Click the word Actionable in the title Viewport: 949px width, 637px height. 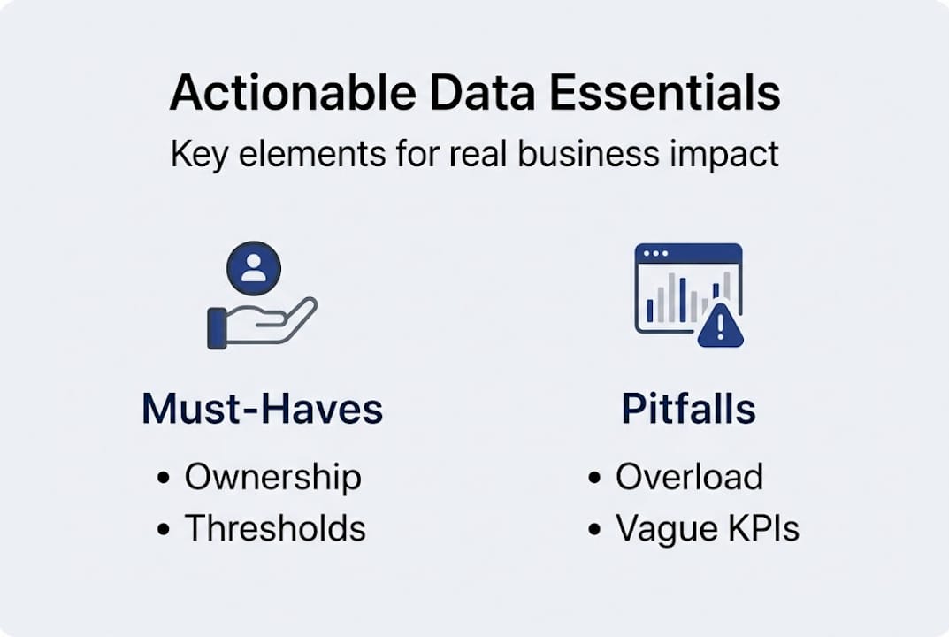point(293,93)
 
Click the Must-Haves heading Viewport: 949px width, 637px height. point(262,409)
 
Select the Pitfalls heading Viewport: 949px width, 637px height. point(689,409)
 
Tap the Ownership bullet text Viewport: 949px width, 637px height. point(273,477)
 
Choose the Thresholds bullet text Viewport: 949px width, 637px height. point(275,528)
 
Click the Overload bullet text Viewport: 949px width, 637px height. point(689,477)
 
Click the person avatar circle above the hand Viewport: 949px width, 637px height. point(254,268)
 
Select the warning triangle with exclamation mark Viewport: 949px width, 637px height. point(720,326)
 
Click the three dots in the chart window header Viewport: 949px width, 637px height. point(655,253)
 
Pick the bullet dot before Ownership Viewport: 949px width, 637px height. point(163,477)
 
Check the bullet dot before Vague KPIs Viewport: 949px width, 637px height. point(594,529)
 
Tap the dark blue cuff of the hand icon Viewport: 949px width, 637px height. point(217,329)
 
